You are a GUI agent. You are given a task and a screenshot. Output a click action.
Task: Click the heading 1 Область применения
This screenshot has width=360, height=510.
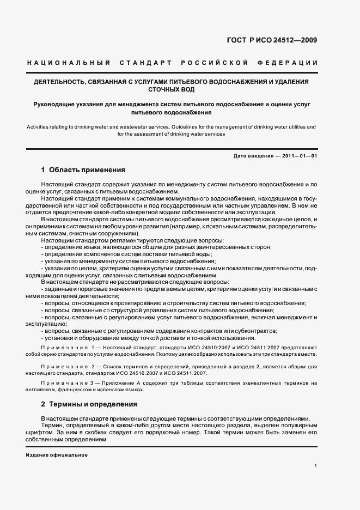[x=83, y=170]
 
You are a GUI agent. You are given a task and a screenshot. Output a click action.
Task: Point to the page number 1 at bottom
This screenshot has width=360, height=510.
[x=316, y=466]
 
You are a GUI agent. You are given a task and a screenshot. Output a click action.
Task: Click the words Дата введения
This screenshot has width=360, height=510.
[x=253, y=156]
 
